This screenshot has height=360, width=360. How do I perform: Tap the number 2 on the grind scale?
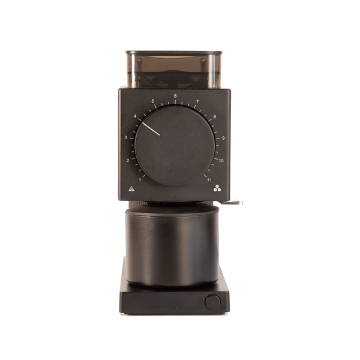pyautogui.click(x=128, y=161)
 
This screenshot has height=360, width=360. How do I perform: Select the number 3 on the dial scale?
pyautogui.click(x=125, y=138)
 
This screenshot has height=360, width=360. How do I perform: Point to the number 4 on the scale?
pyautogui.click(x=135, y=116)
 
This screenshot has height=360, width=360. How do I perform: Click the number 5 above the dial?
pyautogui.click(x=153, y=101)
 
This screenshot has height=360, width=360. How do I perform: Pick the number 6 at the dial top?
pyautogui.click(x=175, y=96)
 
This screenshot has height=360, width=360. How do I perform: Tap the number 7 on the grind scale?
pyautogui.click(x=197, y=101)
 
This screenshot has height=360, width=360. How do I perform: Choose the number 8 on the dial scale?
pyautogui.click(x=215, y=116)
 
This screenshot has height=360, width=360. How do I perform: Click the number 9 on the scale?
pyautogui.click(x=223, y=138)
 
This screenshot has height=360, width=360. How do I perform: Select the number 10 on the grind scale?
pyautogui.click(x=221, y=161)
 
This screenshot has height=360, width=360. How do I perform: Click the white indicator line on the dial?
pyautogui.click(x=151, y=129)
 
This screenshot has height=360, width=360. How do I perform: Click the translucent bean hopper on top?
pyautogui.click(x=174, y=69)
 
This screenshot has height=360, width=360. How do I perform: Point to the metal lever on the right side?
pyautogui.click(x=234, y=203)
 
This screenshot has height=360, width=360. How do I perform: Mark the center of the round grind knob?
pyautogui.click(x=175, y=144)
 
